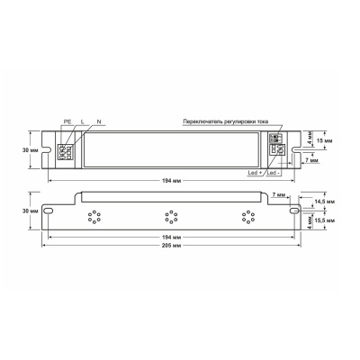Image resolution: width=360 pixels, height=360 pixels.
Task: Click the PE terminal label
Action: (67, 121)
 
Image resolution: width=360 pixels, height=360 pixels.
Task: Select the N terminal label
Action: (98, 121)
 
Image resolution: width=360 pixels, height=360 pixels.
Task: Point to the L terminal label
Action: (81, 121)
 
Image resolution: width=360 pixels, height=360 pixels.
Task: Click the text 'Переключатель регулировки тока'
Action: (230, 121)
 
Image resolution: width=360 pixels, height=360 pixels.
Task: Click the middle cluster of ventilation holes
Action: (167, 216)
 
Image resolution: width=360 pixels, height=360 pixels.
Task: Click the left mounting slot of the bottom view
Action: (52, 211)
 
